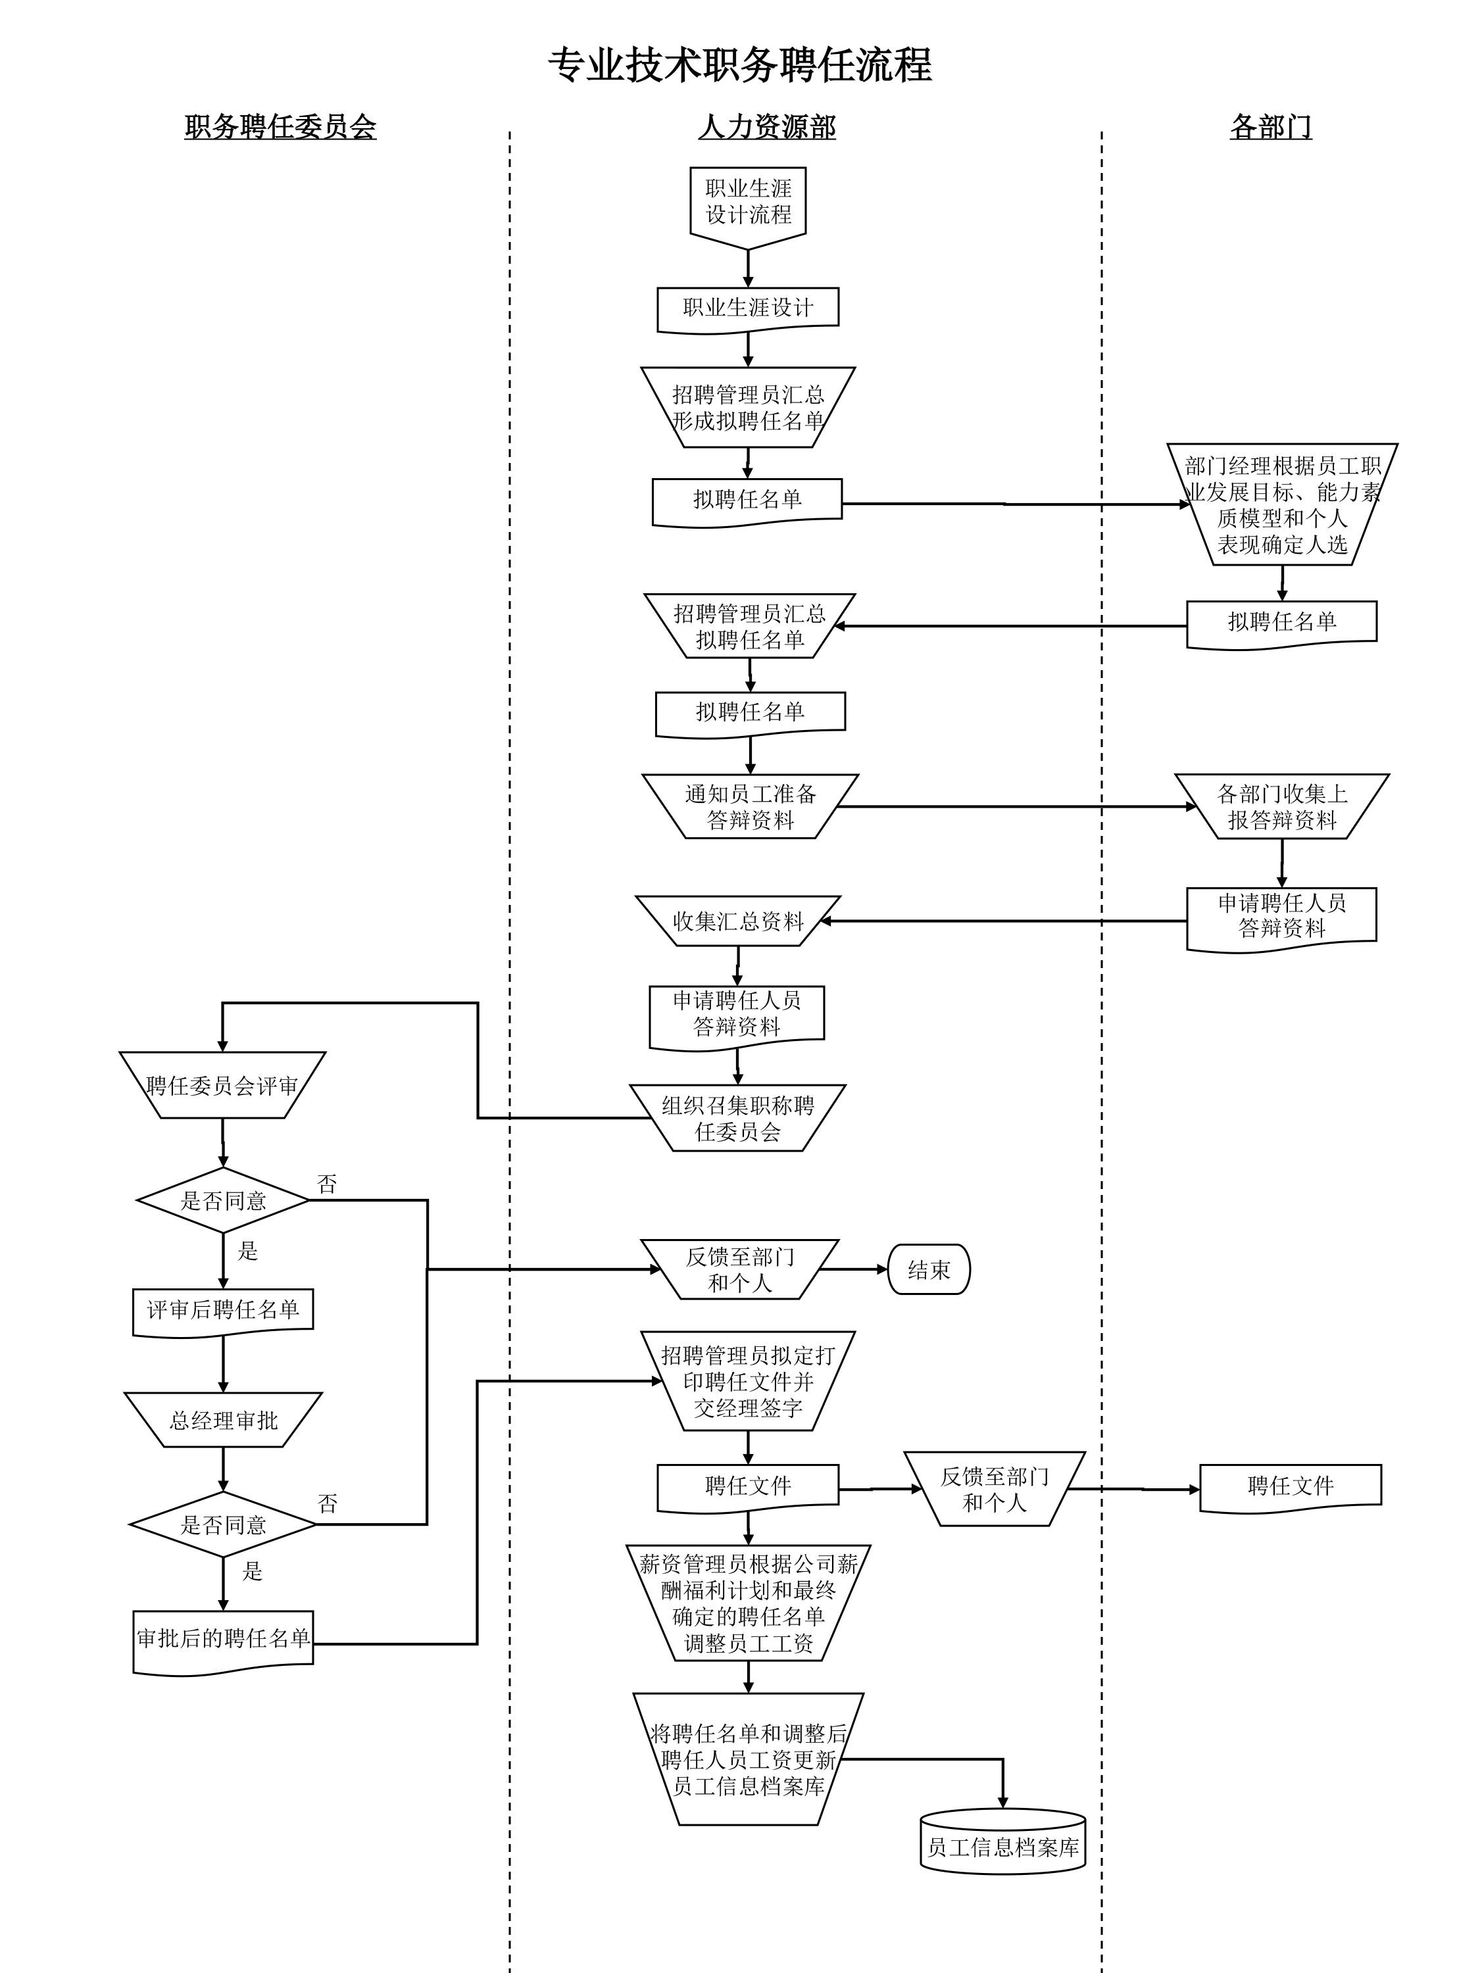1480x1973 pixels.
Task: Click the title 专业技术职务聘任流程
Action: [739, 66]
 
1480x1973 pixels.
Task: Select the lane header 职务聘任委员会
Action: [280, 128]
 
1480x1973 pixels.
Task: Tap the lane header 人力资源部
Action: [766, 128]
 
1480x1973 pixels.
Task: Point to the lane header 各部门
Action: [1270, 128]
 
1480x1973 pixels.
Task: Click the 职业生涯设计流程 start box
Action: [748, 203]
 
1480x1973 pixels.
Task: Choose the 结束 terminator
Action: [929, 1269]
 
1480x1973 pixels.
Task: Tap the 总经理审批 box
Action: [223, 1420]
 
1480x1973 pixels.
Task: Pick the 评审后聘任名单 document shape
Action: [223, 1310]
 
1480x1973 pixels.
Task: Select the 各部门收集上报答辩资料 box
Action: [1282, 806]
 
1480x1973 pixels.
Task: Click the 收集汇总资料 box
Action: [738, 921]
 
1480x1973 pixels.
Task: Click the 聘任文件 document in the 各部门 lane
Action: [1290, 1486]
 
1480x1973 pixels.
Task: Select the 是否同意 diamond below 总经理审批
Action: [223, 1524]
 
